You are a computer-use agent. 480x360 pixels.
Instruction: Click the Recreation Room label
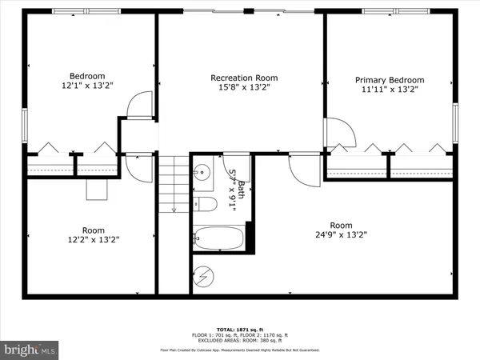click(244, 78)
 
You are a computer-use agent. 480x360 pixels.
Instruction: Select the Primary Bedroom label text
click(390, 80)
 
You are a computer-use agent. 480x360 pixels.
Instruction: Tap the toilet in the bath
click(206, 205)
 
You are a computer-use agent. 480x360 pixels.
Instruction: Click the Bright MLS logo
click(30, 349)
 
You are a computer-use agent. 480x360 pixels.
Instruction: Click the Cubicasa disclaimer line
click(240, 350)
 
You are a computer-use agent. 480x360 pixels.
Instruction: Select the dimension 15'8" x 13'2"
click(244, 89)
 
